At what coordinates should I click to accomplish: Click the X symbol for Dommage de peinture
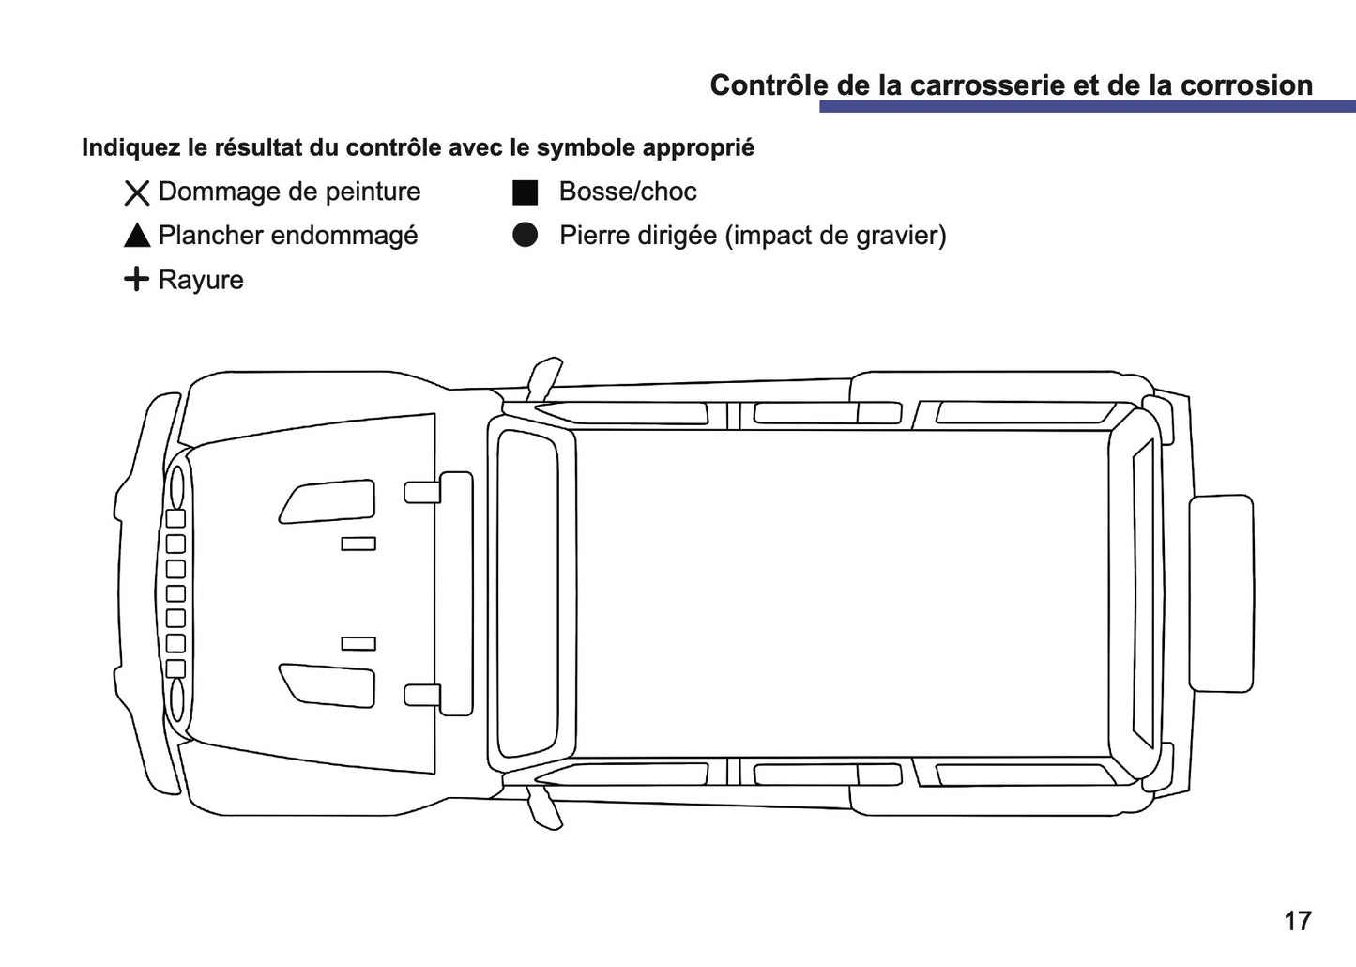(137, 193)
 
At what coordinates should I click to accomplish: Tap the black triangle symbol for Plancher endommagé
(137, 236)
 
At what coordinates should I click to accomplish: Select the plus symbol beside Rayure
(137, 279)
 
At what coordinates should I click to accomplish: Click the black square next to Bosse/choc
(525, 192)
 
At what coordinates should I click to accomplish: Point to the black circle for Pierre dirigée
(525, 236)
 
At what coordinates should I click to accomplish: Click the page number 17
(1297, 921)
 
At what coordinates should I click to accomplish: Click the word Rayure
(201, 280)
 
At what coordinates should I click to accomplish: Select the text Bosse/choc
(627, 192)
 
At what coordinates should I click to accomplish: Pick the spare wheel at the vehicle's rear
(1221, 593)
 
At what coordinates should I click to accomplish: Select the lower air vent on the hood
(328, 684)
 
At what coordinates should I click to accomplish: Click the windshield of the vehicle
(526, 593)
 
